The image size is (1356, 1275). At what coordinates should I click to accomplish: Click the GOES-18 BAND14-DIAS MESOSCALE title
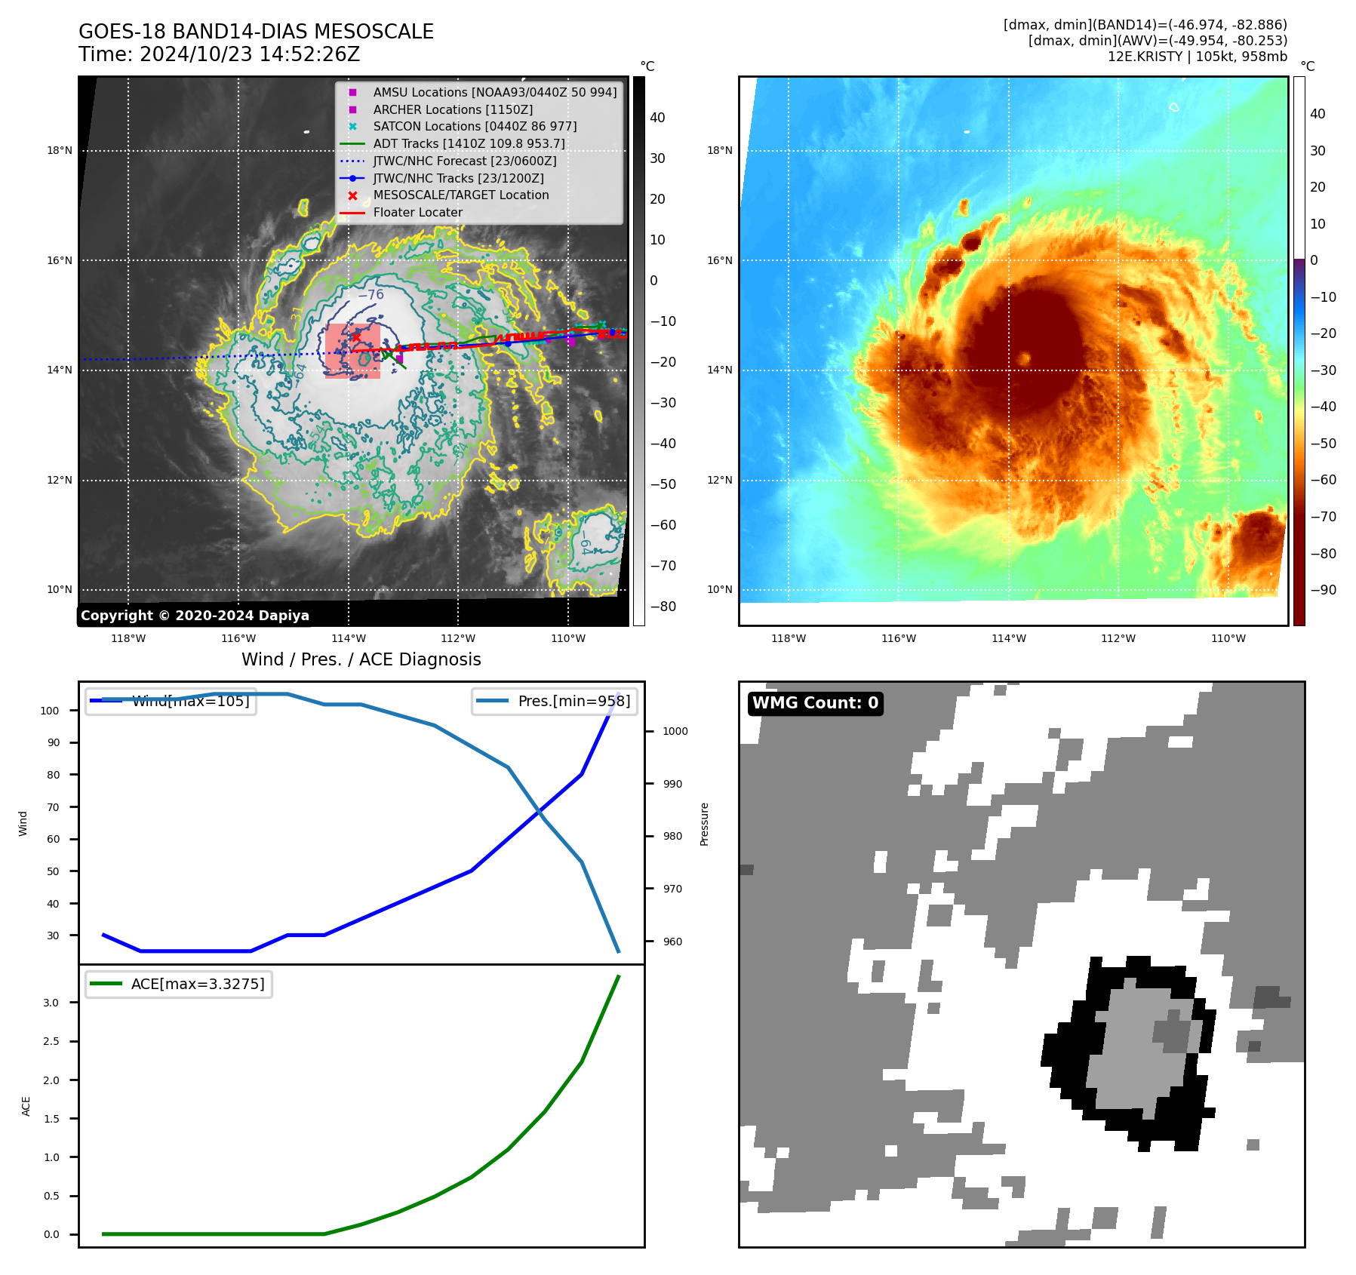256,32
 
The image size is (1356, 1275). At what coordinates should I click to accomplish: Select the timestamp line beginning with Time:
219,54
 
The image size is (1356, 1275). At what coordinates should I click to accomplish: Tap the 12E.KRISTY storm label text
1197,57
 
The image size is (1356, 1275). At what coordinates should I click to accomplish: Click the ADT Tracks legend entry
468,143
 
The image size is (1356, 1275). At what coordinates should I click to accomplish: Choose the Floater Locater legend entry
417,212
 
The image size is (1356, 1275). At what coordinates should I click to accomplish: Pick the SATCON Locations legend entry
475,126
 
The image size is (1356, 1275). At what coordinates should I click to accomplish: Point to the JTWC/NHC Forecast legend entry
464,161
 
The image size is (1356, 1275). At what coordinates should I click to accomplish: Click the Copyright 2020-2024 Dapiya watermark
195,616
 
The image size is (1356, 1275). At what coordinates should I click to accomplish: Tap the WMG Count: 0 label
815,703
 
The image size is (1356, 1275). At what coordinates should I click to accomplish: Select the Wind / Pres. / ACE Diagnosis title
361,659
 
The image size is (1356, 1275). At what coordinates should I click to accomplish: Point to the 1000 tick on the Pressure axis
675,731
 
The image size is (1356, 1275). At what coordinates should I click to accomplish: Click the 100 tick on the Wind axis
50,711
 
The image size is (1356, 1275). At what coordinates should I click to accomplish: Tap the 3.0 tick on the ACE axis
51,1003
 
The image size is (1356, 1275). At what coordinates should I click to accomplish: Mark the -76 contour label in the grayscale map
371,295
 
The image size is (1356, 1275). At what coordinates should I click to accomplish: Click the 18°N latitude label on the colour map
719,151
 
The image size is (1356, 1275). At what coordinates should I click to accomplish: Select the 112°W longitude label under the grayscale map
458,638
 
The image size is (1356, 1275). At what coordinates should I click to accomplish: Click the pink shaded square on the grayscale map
352,351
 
